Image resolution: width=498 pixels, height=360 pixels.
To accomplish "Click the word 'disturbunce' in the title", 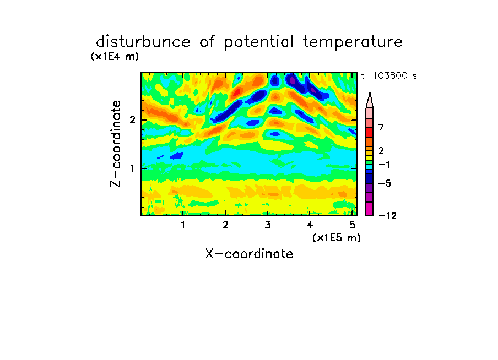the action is [143, 42].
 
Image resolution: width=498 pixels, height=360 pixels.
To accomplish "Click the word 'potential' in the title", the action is [259, 42].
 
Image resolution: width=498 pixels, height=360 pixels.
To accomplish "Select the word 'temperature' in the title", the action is [353, 42].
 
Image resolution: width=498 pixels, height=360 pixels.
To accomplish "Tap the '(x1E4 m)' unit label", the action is [115, 57].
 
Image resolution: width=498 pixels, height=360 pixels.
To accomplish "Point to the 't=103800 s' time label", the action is [389, 75].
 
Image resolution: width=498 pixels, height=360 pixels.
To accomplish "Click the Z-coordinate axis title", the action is [116, 144].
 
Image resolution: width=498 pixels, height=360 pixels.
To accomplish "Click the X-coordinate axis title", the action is [249, 254].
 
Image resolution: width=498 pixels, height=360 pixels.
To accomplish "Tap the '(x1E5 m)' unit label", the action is [337, 237].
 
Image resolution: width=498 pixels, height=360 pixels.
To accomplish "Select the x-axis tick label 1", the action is [183, 225].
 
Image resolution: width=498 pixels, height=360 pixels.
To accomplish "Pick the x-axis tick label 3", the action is [268, 225].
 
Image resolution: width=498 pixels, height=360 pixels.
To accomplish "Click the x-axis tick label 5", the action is [352, 225].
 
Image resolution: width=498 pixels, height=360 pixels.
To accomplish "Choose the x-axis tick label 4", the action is [310, 225].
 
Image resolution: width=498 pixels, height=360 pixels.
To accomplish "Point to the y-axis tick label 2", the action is [132, 120].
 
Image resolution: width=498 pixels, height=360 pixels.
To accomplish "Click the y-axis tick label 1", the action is [132, 168].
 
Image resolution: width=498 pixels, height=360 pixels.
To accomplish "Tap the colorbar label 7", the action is [381, 128].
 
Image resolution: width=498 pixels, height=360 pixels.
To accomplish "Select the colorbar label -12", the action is [387, 216].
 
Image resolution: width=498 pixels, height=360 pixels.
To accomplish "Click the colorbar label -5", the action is [385, 183].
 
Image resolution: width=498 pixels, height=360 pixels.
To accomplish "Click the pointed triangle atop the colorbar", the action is [370, 100].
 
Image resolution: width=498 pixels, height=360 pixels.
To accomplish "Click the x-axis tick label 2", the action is [225, 225].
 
